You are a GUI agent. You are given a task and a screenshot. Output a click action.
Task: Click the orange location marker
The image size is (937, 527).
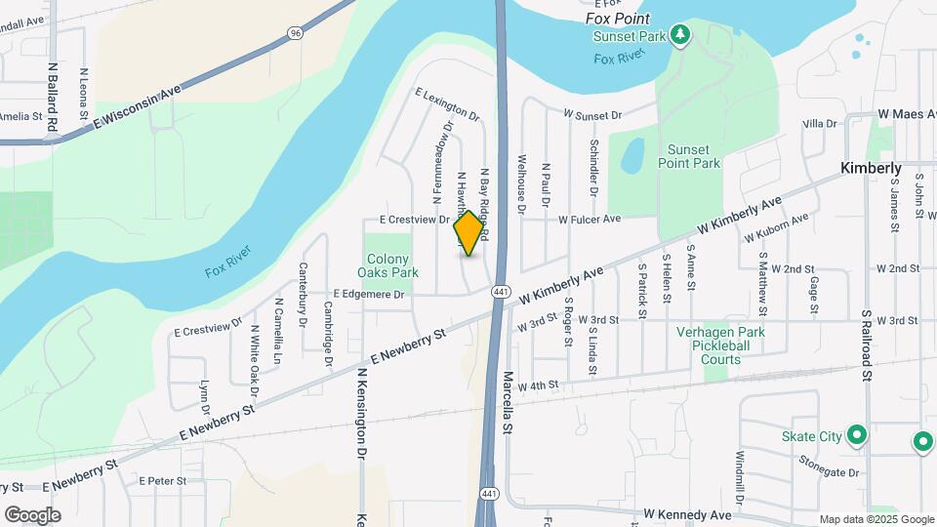[469, 233]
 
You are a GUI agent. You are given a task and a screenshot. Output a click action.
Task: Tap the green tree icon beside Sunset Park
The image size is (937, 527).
[681, 37]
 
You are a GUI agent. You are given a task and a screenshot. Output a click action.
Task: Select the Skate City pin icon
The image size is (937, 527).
[857, 435]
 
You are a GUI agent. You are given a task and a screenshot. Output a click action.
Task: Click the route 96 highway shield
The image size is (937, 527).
[296, 32]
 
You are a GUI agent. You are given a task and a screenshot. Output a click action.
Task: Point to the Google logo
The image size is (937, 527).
[32, 514]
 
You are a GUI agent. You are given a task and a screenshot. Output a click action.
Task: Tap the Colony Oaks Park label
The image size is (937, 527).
[387, 265]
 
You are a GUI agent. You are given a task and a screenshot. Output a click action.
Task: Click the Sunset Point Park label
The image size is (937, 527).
[694, 156]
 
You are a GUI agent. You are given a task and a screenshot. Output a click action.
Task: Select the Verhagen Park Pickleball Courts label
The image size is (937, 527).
[721, 345]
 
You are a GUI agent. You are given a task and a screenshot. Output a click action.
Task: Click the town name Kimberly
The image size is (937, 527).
[872, 169]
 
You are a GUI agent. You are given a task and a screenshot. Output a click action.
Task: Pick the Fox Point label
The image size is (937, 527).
[618, 19]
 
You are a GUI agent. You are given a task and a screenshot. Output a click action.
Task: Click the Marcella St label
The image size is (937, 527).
[508, 401]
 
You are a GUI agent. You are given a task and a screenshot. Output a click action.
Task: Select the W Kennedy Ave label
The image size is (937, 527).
[688, 514]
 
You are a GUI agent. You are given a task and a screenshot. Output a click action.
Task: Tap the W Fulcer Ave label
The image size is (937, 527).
[590, 220]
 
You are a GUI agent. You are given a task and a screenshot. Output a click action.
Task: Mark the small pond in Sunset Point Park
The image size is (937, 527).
[632, 154]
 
